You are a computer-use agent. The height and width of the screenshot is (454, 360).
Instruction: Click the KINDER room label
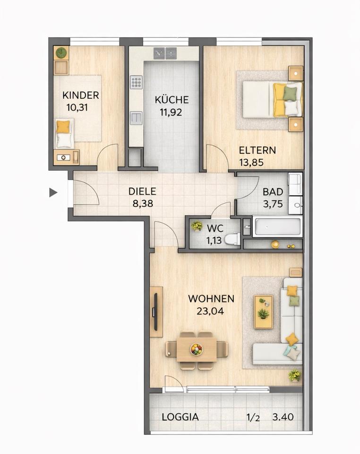click(x=81, y=95)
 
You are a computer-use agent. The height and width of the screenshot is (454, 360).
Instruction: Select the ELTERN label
click(x=257, y=150)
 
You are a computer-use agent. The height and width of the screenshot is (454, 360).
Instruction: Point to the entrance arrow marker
click(x=53, y=192)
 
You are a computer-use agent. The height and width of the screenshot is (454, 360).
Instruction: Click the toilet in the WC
click(x=233, y=239)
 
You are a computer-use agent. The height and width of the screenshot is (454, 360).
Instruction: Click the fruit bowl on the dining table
click(x=197, y=349)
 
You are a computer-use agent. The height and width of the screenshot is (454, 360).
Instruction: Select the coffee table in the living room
click(x=263, y=312)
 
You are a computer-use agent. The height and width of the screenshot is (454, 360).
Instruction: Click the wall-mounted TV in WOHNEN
click(x=155, y=312)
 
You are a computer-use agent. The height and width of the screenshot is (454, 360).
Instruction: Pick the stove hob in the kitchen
click(x=136, y=82)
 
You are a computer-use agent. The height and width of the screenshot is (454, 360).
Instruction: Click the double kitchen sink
click(x=165, y=53)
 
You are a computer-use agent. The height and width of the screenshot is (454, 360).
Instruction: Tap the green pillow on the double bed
click(x=290, y=93)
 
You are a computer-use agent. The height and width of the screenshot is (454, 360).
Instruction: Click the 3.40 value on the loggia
click(x=283, y=417)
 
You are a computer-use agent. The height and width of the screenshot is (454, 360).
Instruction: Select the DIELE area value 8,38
click(x=143, y=203)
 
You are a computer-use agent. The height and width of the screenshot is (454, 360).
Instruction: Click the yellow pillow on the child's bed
click(x=63, y=127)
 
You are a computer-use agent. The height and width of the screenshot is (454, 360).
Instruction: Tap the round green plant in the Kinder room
click(x=61, y=52)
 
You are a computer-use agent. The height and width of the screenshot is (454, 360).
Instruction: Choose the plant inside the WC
click(x=197, y=226)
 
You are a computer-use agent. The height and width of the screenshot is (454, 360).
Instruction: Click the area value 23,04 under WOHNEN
click(x=210, y=311)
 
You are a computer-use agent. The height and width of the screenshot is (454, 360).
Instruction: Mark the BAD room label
click(x=273, y=192)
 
